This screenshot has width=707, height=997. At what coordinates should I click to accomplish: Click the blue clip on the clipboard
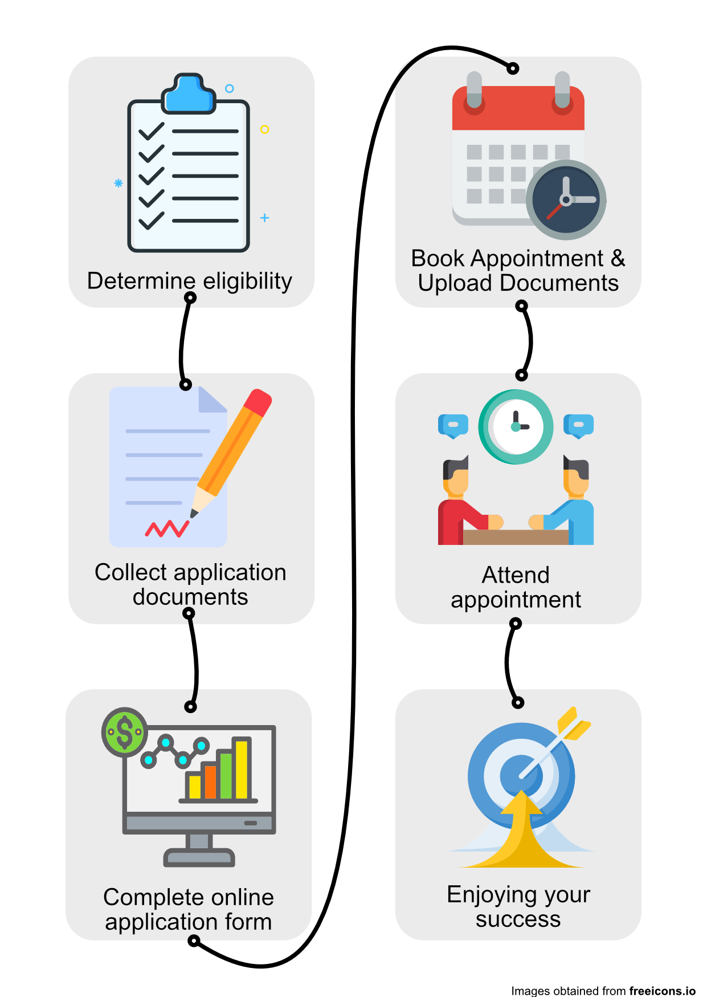(x=189, y=94)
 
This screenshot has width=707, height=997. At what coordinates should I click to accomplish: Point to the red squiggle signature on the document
(x=167, y=529)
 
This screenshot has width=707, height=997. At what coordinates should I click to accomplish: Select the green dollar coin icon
(x=124, y=732)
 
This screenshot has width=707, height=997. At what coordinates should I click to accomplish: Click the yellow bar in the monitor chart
(x=242, y=768)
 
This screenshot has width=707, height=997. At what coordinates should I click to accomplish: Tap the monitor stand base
(x=199, y=858)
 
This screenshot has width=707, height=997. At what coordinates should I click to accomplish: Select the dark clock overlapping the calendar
(x=566, y=200)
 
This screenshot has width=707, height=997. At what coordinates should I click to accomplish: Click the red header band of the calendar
(x=518, y=108)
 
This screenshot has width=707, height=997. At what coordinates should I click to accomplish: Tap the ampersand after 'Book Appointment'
(x=618, y=258)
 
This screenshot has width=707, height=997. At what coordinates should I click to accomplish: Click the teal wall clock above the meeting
(x=516, y=427)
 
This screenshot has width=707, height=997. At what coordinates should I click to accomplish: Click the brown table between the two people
(x=516, y=537)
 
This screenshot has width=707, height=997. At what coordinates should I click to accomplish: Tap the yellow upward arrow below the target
(x=521, y=832)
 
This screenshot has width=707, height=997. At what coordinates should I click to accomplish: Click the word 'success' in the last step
(x=518, y=919)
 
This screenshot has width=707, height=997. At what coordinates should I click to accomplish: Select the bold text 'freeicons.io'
(x=663, y=991)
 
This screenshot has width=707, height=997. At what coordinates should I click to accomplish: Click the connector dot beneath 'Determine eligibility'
(x=190, y=298)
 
